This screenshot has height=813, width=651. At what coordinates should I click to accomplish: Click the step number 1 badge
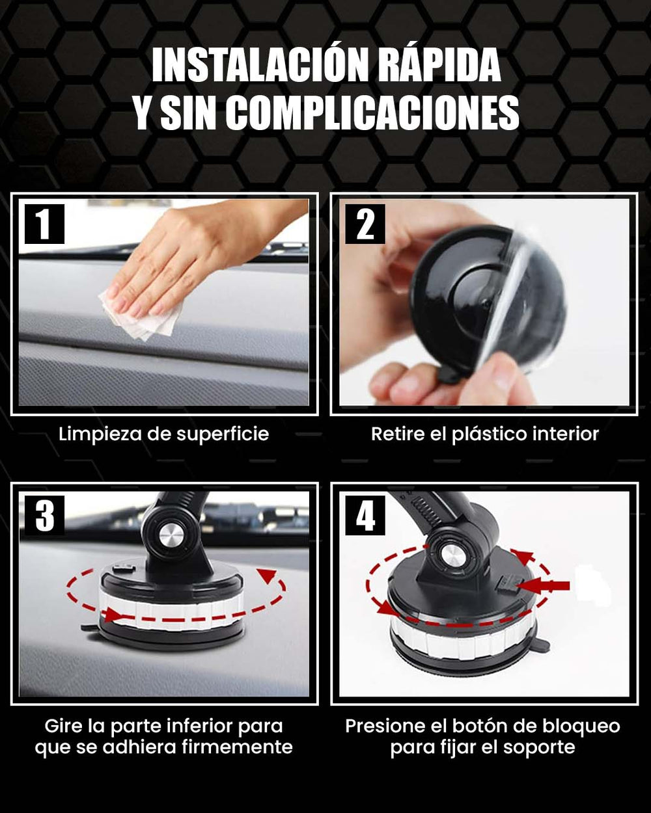44,224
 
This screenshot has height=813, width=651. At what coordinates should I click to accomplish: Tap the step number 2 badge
365,224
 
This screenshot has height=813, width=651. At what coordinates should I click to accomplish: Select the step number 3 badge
44,516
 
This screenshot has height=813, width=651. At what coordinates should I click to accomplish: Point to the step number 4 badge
365,516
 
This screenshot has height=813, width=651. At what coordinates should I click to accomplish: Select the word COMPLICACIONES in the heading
374,113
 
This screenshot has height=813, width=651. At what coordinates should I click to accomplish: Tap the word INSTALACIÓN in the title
260,64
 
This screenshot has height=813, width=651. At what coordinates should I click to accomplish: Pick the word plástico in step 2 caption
489,434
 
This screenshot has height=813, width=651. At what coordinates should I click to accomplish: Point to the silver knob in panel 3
171,536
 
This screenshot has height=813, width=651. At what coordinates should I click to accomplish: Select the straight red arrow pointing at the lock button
545,586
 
